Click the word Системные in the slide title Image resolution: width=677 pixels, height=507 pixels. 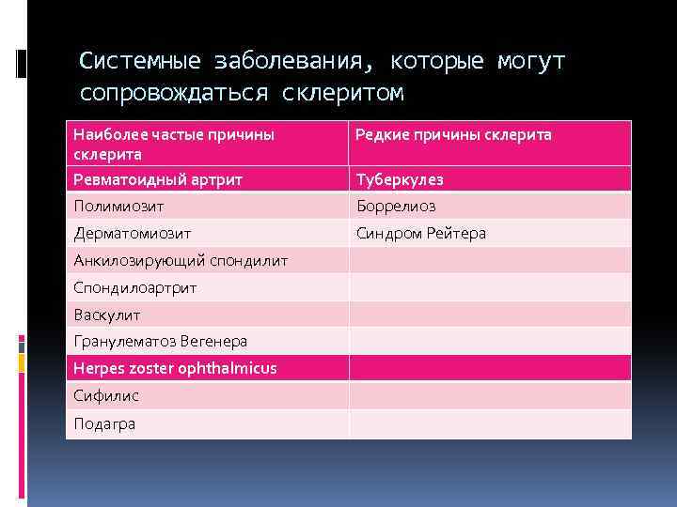click(140, 62)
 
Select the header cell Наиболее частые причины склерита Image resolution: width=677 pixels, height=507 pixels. click(174, 144)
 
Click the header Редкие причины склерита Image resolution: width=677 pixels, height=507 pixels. click(453, 135)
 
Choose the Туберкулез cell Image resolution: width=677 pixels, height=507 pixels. click(400, 179)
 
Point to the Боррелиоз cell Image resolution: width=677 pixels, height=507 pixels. click(396, 206)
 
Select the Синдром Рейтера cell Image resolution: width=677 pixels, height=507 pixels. click(420, 233)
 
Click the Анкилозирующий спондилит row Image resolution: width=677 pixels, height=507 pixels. click(181, 260)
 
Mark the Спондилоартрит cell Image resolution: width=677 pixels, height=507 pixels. click(135, 287)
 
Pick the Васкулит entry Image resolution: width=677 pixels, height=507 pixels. click(106, 315)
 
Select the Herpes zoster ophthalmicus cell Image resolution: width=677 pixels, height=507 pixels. click(175, 368)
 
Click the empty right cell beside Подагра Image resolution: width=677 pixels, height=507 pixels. click(489, 423)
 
